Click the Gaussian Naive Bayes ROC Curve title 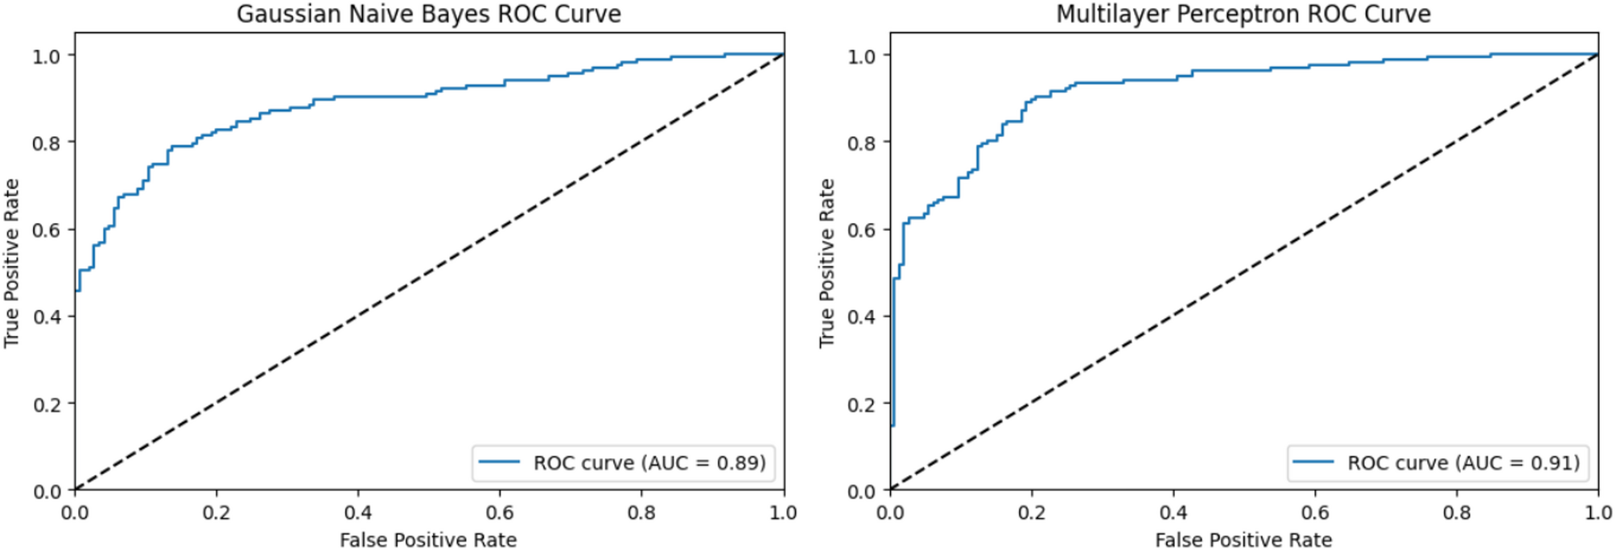[428, 14]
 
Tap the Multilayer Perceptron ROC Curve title [1243, 14]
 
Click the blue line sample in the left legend [499, 462]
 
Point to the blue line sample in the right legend [1313, 462]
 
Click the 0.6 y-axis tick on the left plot [47, 230]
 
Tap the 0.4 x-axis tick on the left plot [358, 512]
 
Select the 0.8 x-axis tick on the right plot [1457, 512]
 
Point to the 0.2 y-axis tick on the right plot [862, 404]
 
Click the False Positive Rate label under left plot [428, 540]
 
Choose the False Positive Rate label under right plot [1243, 540]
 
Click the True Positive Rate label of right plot [827, 263]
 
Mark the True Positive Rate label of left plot [11, 263]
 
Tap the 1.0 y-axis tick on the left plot [47, 56]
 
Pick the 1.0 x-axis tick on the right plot [1597, 512]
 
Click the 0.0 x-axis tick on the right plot [890, 512]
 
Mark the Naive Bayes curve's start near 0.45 [76, 290]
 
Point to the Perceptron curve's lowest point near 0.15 [893, 424]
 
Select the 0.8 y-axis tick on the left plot [47, 143]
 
